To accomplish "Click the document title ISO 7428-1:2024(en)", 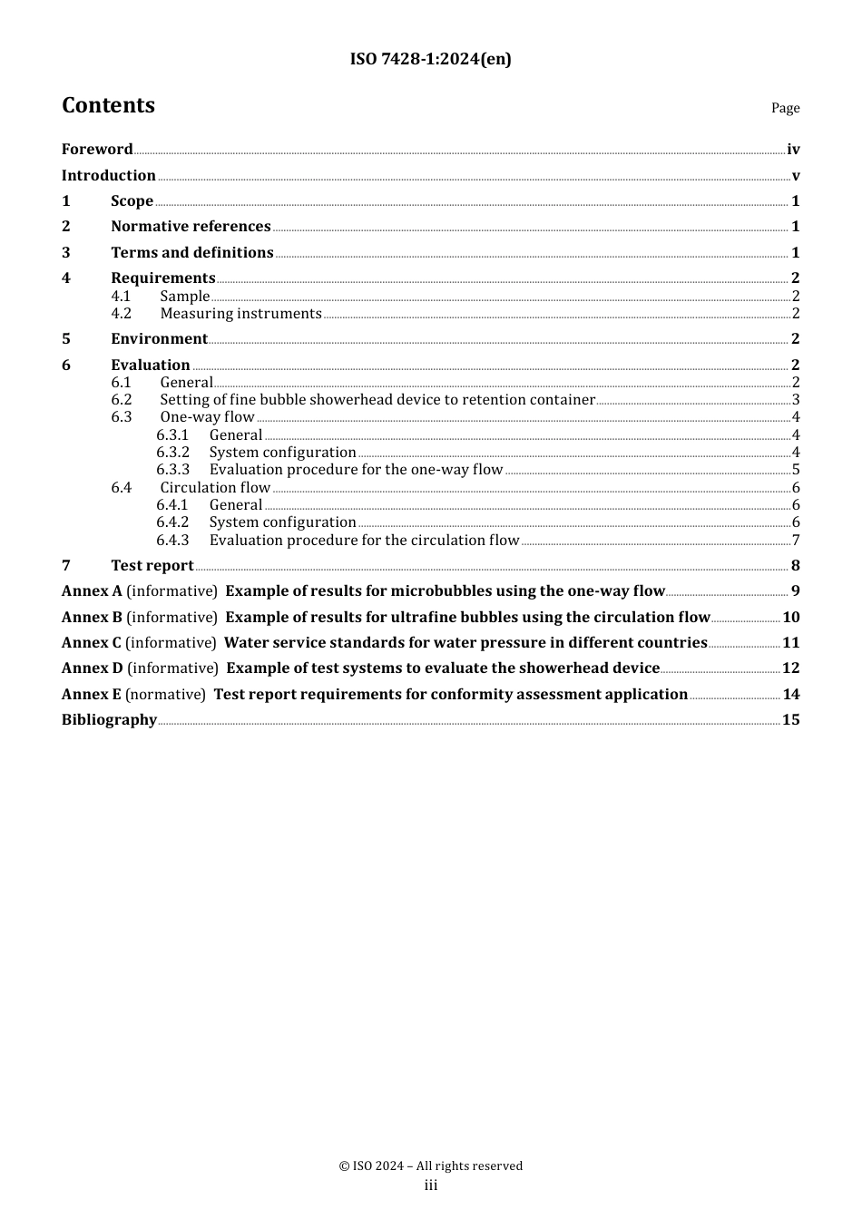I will (x=430, y=59).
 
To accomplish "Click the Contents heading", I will (x=108, y=105).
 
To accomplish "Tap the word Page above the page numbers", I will (x=785, y=108).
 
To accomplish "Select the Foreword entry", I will (x=97, y=149).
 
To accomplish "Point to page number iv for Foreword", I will (x=793, y=150).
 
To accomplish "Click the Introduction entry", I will (x=109, y=175).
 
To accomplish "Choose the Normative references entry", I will (x=191, y=226).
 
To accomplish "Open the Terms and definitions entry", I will (x=192, y=252).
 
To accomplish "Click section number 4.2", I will (x=122, y=313).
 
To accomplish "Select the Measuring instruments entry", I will (x=240, y=313).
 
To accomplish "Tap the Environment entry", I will (x=159, y=338).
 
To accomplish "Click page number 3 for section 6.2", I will (x=796, y=400).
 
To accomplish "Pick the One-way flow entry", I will (x=207, y=417).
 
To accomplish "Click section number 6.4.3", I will (x=172, y=540).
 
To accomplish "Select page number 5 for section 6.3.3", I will (x=796, y=470).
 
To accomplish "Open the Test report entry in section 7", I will (x=152, y=565).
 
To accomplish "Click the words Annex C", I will (x=91, y=642).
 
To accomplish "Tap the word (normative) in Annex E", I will (x=165, y=694).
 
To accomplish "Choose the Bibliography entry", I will (x=109, y=719).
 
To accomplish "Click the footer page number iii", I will (x=431, y=1185).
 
